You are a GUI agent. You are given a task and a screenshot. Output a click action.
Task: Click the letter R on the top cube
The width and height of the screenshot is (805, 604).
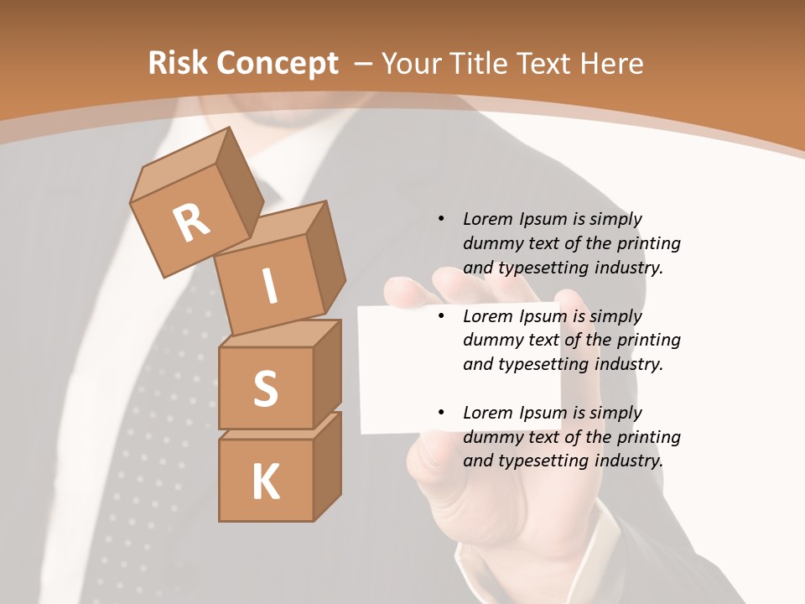[191, 223]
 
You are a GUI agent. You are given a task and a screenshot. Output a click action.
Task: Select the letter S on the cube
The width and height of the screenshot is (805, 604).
[265, 388]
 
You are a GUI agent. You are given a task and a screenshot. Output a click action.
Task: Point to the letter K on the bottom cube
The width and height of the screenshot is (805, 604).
[265, 482]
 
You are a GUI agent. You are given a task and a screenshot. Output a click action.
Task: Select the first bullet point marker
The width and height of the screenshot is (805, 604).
[441, 220]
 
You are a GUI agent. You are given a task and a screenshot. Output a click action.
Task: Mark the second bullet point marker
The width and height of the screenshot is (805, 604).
[441, 317]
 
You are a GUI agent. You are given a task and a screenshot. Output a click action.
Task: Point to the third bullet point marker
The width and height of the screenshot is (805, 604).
[441, 414]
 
